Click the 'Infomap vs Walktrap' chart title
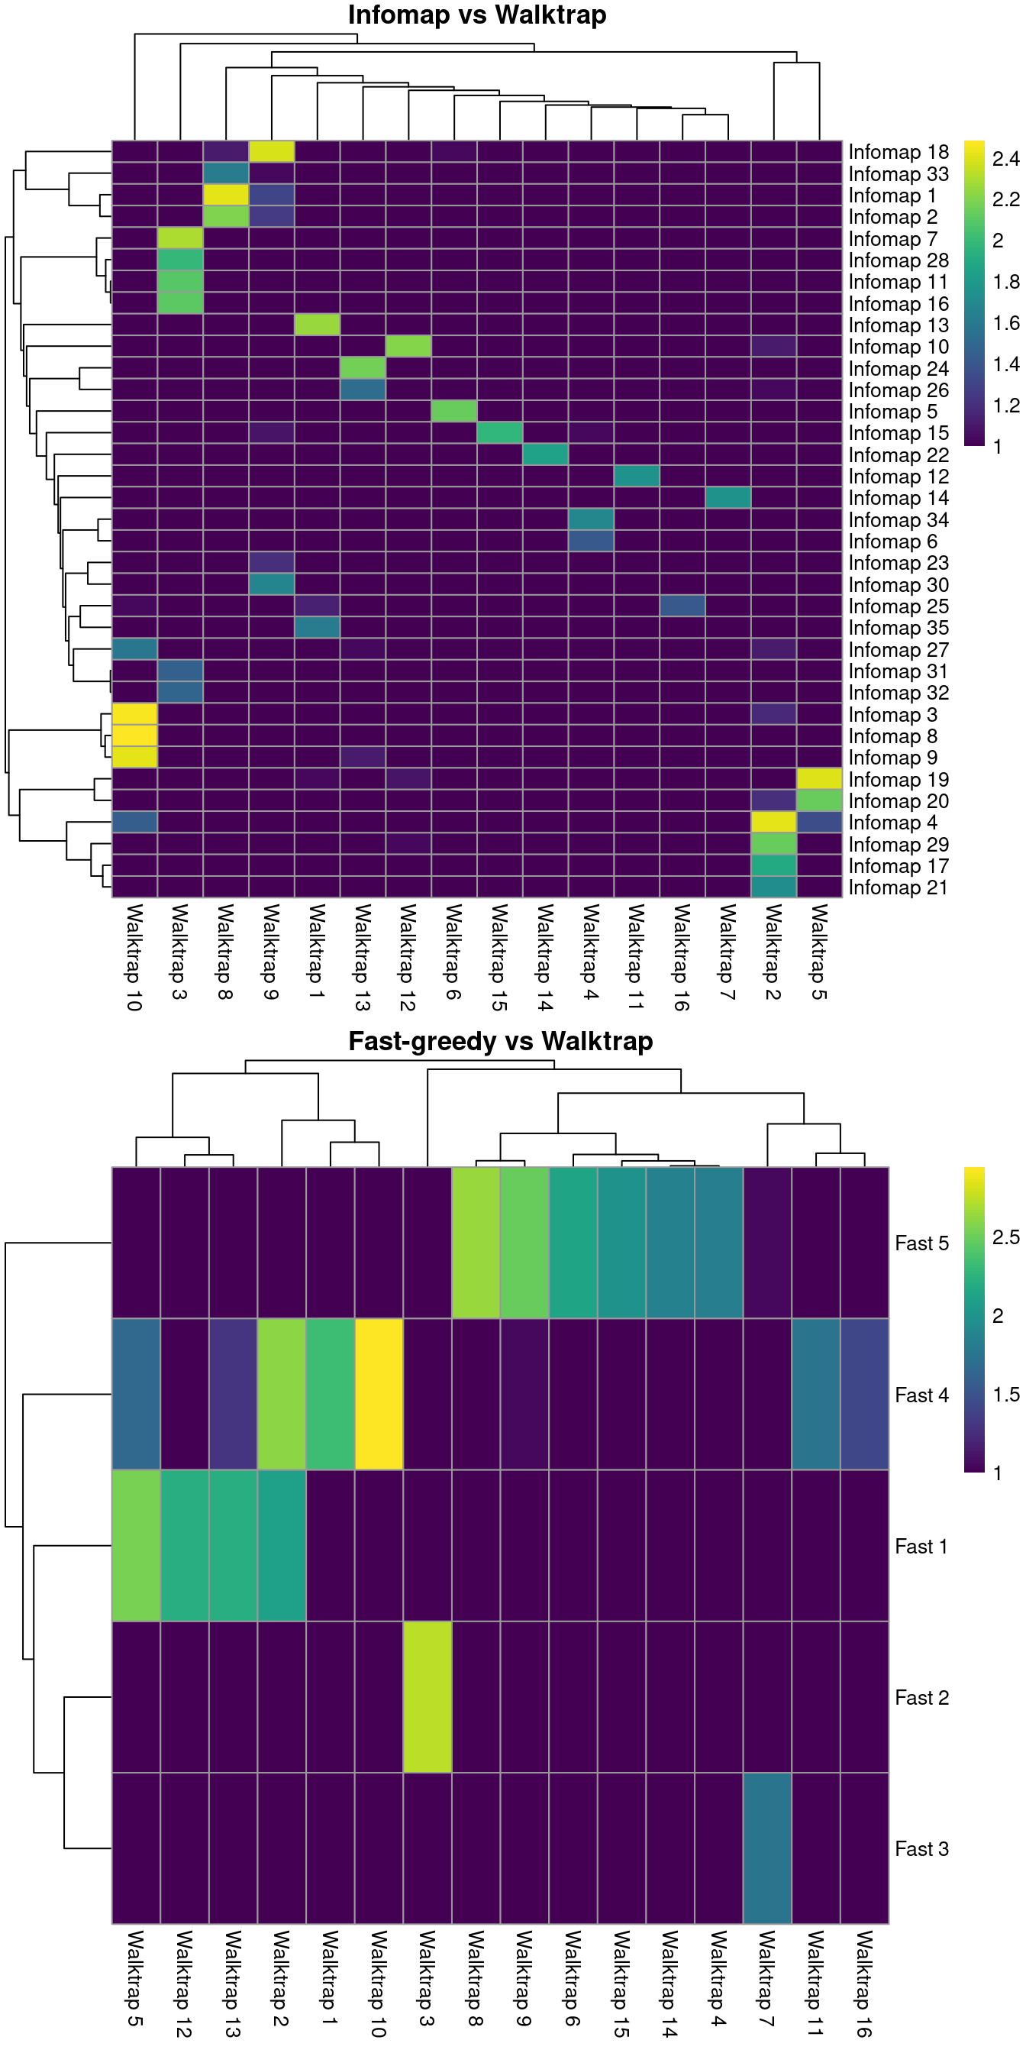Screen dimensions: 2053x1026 476,15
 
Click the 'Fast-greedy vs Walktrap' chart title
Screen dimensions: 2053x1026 500,1041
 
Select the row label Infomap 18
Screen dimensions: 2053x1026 898,152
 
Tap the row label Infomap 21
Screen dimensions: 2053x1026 898,887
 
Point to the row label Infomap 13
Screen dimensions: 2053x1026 898,325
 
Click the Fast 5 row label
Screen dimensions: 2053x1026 921,1243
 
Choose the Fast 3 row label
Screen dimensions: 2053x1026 921,1849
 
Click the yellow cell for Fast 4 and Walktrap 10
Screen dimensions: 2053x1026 379,1395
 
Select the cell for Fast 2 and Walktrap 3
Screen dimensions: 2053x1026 427,1698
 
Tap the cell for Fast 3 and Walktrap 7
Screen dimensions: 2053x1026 767,1849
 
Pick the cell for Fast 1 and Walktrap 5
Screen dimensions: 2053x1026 135,1546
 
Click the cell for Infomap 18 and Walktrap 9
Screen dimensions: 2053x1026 272,151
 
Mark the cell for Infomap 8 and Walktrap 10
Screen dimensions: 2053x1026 134,736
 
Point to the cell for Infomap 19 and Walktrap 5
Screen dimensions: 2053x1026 819,778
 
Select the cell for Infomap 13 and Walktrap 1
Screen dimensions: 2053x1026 317,325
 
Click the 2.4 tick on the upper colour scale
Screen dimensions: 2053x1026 1005,160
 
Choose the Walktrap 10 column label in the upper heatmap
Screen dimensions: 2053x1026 134,956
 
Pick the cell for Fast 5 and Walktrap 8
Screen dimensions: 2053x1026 476,1243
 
